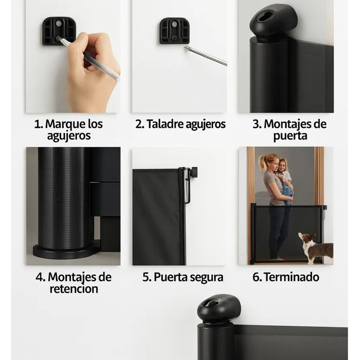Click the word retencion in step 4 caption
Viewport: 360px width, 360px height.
pyautogui.click(x=74, y=289)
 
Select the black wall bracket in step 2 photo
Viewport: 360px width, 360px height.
pyautogui.click(x=174, y=31)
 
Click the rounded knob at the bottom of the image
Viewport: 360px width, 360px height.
pyautogui.click(x=219, y=307)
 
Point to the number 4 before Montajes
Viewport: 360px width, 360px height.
pyautogui.click(x=39, y=277)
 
